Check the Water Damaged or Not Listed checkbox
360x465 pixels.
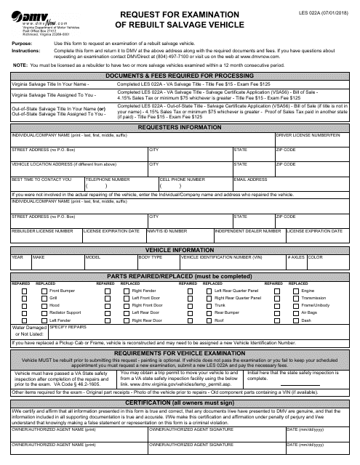click(41, 331)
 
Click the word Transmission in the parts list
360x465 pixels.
click(314, 297)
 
